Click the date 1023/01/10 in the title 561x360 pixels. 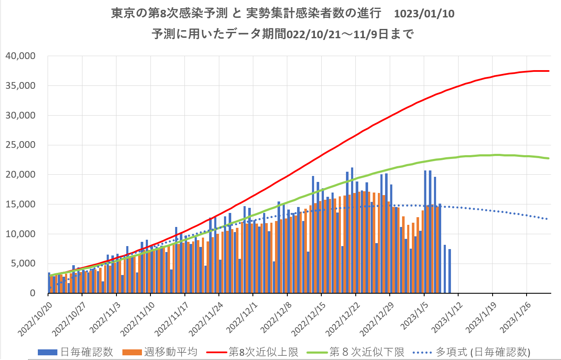pyautogui.click(x=424, y=14)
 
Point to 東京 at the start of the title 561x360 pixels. pyautogui.click(x=120, y=14)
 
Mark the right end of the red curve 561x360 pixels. pyautogui.click(x=549, y=71)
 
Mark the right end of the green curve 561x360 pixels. pyautogui.click(x=549, y=159)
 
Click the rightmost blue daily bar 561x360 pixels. pyautogui.click(x=450, y=271)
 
